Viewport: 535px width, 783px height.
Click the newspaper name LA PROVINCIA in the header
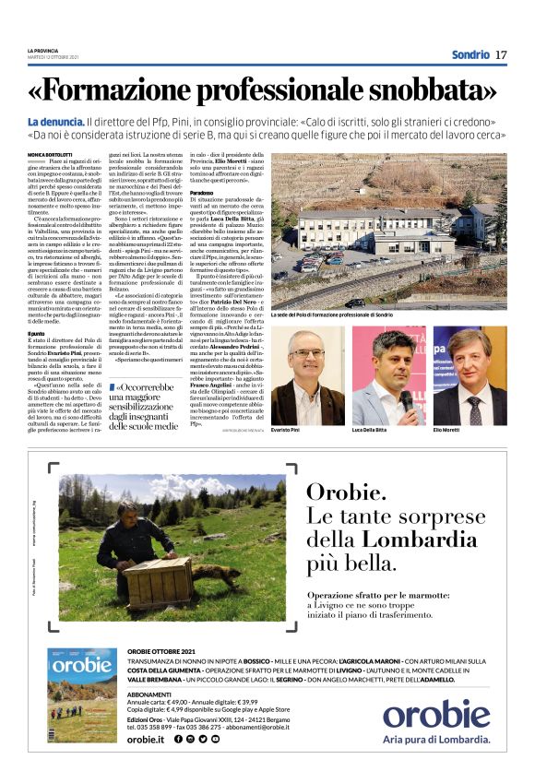tap(42, 51)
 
